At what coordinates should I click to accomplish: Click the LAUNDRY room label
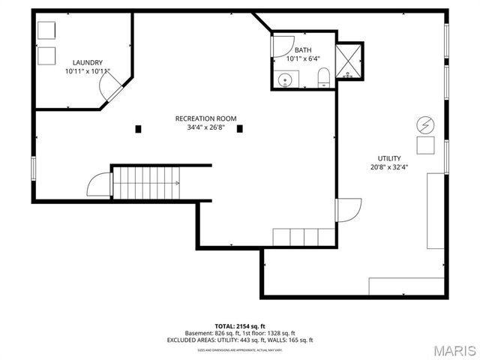88,62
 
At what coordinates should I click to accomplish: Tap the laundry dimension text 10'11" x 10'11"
88,71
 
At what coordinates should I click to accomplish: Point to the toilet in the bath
323,77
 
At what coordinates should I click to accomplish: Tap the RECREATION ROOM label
205,118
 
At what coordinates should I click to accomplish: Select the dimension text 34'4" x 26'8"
205,127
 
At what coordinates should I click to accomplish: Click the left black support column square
138,129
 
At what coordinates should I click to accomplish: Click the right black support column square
240,129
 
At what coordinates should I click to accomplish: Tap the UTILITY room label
388,157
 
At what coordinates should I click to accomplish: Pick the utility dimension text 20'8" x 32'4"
388,167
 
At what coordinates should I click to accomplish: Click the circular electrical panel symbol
425,124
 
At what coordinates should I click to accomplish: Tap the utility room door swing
349,209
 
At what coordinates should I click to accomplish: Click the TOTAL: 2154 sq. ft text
240,326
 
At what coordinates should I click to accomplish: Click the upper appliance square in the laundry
46,31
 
